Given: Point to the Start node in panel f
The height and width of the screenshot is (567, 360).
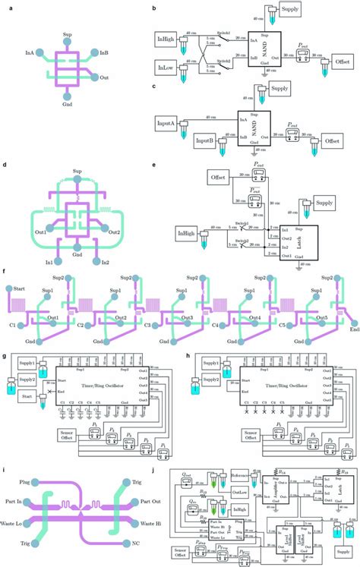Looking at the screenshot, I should pyautogui.click(x=9, y=288).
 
